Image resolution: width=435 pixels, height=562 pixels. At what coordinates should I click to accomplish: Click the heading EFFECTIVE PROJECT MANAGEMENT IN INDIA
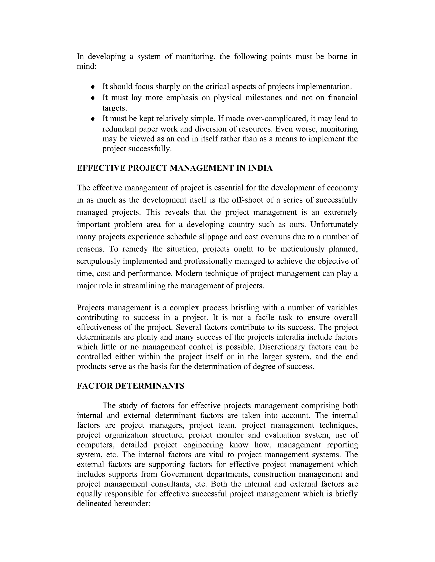coord(174,168)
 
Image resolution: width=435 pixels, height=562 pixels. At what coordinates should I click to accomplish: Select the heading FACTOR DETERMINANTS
coord(130,386)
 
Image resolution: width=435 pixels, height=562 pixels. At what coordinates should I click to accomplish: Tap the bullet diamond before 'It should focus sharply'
coord(93,87)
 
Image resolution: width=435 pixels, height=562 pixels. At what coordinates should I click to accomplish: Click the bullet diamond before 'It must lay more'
coord(93,98)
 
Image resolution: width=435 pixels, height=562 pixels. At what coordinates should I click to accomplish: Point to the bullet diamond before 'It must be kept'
coord(93,119)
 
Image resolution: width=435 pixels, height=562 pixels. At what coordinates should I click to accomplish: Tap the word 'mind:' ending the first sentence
coord(87,66)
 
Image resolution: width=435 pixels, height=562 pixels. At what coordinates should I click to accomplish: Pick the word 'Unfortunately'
coord(334,224)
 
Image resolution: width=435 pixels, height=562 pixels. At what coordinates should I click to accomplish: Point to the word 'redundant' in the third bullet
coord(119,129)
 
